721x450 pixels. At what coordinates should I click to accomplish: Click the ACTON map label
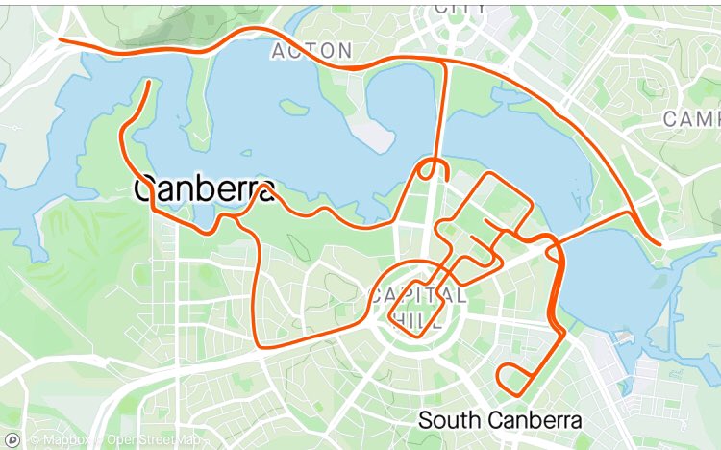(311, 51)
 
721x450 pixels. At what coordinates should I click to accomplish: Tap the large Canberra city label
(204, 189)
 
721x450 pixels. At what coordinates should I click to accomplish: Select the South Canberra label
(500, 420)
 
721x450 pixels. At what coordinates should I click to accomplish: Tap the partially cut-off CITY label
(460, 8)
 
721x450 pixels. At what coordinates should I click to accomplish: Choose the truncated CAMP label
(691, 119)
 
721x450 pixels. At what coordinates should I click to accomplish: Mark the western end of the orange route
(61, 40)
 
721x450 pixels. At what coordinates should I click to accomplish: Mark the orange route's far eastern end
(660, 244)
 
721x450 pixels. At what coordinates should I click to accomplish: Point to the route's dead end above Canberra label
(149, 83)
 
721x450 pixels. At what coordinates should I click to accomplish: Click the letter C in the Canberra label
(144, 189)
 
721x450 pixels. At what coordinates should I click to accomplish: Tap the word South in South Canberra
(449, 420)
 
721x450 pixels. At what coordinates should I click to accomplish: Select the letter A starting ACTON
(278, 51)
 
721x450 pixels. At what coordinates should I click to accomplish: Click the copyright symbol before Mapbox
(34, 439)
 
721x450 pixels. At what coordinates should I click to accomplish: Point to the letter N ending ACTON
(344, 51)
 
